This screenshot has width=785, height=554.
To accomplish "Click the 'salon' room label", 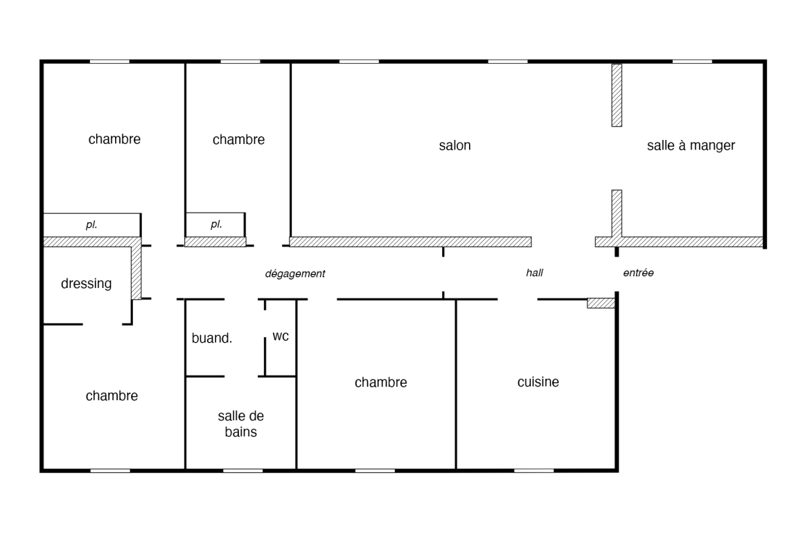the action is [x=455, y=145].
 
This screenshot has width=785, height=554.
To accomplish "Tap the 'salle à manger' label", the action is [x=691, y=145].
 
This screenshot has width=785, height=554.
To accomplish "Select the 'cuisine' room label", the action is [x=538, y=382].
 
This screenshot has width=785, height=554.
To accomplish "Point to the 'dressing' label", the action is [x=86, y=284].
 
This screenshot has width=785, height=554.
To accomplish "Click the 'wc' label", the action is [x=281, y=337].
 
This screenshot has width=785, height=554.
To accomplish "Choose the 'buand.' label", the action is [x=212, y=339].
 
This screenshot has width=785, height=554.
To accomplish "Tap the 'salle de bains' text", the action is [x=241, y=424].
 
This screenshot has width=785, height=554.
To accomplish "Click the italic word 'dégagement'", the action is [x=295, y=274].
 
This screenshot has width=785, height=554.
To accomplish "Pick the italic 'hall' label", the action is [x=535, y=273].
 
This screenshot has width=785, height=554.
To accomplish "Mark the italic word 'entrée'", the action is [x=638, y=273].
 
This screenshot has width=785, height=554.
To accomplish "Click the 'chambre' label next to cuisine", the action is [x=381, y=382].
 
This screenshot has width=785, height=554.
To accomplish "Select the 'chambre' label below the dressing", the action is [x=112, y=396].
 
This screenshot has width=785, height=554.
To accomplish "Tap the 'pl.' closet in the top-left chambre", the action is [x=91, y=224].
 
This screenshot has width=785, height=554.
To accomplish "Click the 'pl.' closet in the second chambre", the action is [x=215, y=224].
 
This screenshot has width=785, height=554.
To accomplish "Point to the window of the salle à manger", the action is [x=692, y=62].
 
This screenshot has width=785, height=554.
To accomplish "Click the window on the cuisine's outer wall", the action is [x=534, y=470].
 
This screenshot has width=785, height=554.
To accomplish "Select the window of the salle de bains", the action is [x=242, y=470].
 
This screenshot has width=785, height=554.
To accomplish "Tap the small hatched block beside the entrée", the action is [x=601, y=303].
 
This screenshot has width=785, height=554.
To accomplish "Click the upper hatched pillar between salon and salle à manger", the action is [x=617, y=95].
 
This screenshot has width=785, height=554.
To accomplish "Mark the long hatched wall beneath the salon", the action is [x=411, y=242].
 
